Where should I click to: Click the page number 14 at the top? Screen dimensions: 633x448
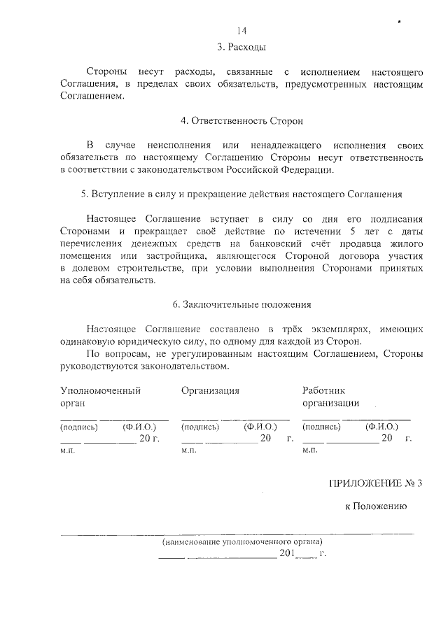point(242,31)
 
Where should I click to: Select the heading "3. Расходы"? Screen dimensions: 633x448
point(242,48)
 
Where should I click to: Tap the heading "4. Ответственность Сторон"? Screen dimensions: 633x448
point(242,121)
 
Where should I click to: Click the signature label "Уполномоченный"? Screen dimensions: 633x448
point(101,390)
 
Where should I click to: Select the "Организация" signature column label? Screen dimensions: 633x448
point(210,390)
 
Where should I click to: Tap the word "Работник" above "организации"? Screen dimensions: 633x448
point(323,390)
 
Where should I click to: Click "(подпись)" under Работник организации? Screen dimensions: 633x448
point(321,426)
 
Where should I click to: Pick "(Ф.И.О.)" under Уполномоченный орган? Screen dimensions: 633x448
point(139,426)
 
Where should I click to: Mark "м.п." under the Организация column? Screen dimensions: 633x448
point(188,451)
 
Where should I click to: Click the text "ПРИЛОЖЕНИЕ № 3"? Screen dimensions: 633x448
point(377,483)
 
